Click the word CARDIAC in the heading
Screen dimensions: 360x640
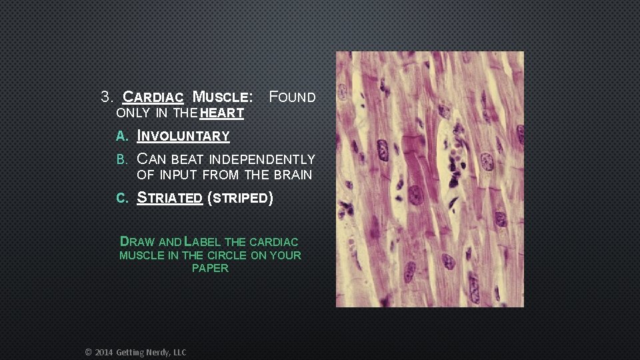[154, 97]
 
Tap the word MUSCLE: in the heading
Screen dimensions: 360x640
[223, 97]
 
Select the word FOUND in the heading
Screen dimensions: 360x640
[292, 97]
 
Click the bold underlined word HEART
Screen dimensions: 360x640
[222, 113]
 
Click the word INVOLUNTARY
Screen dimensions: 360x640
[183, 137]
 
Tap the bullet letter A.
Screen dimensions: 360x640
[121, 137]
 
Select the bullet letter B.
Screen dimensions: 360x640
[121, 160]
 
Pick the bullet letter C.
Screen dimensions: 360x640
[121, 198]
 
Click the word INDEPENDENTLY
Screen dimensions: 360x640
[262, 160]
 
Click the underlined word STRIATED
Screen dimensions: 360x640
[169, 198]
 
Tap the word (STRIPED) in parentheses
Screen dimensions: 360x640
[241, 198]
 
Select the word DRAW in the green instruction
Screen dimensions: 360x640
[137, 242]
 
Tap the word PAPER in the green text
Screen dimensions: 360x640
[210, 268]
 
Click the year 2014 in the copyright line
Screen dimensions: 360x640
[104, 352]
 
